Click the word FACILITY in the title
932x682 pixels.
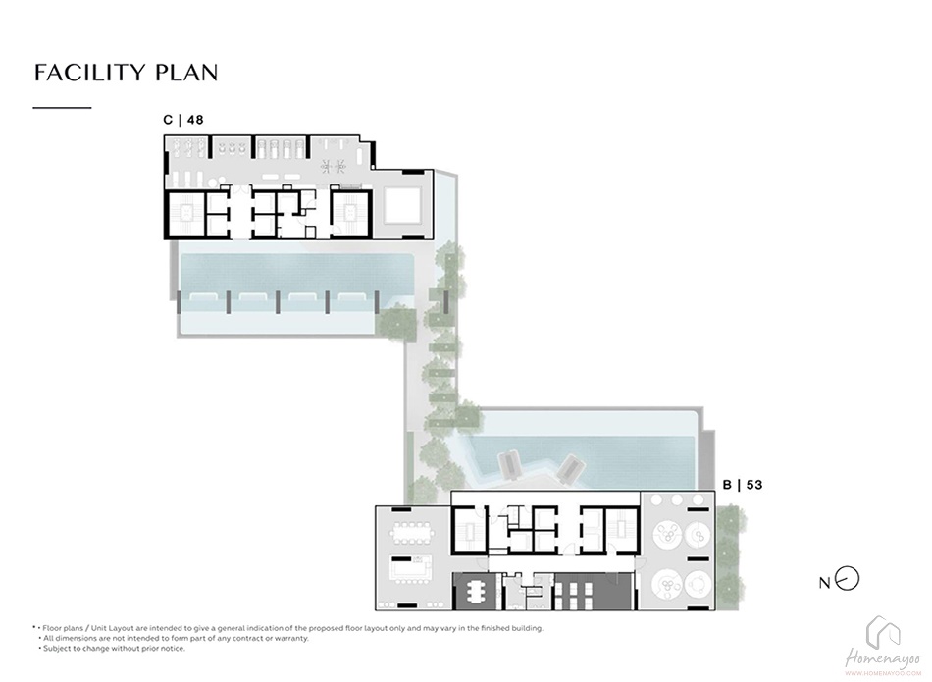[89, 72]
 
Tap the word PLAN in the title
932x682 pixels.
[186, 72]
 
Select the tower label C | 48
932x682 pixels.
[183, 120]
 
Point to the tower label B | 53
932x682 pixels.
[743, 485]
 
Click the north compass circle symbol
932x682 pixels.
[847, 578]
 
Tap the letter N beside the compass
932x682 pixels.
[824, 583]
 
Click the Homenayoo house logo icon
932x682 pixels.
[883, 631]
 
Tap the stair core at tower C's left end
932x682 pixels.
[185, 214]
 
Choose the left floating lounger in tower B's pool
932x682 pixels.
[508, 465]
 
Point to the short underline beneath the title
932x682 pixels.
[62, 108]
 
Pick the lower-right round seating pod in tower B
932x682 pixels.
[698, 585]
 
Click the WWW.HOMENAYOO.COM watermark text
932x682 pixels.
[883, 673]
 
